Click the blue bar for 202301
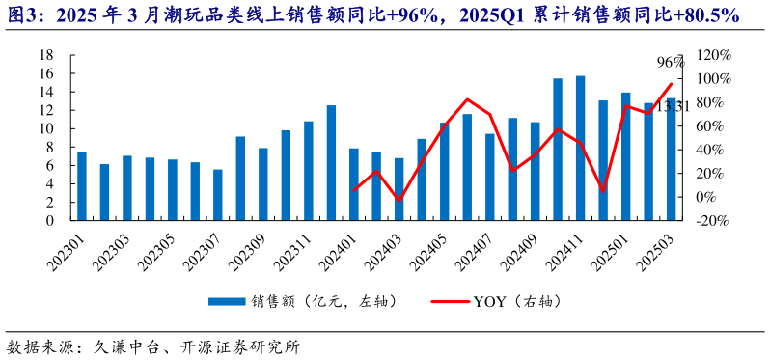82,186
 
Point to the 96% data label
671,63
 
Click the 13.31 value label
673,106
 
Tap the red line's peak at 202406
467,99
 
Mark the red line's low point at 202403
399,200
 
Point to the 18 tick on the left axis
44,55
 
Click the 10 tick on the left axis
44,128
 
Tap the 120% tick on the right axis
712,55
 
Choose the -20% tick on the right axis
712,220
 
